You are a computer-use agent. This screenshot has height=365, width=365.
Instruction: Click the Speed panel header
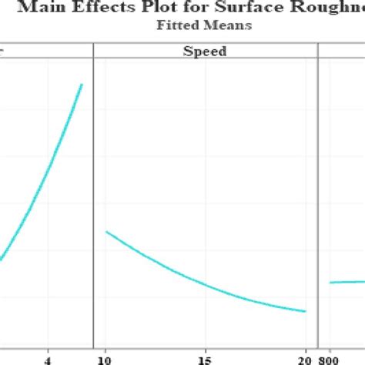pyautogui.click(x=205, y=52)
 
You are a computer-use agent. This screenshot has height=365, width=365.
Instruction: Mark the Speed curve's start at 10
pyautogui.click(x=106, y=231)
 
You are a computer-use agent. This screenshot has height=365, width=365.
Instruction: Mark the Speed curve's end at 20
pyautogui.click(x=306, y=311)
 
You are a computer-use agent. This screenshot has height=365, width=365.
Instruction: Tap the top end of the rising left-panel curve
pyautogui.click(x=82, y=84)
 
